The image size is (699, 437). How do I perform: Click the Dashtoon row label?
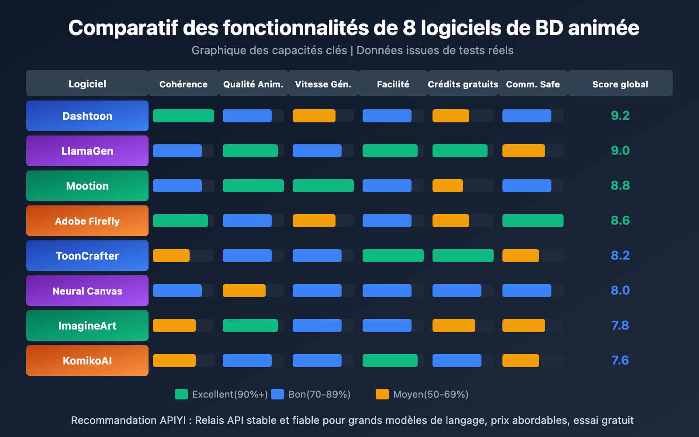[87, 116]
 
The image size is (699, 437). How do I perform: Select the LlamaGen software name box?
[87, 151]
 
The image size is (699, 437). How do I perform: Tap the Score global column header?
[620, 84]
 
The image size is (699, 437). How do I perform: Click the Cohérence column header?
[183, 84]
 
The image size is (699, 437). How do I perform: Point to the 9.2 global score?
[620, 115]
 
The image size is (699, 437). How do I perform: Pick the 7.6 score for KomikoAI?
[620, 360]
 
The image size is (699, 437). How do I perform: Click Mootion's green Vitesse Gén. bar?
[323, 186]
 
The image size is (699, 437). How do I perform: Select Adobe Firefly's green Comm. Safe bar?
[533, 221]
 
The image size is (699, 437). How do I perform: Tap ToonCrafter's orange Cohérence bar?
[171, 256]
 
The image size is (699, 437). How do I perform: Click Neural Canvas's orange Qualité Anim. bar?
[244, 291]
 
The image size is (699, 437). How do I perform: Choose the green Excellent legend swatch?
[181, 394]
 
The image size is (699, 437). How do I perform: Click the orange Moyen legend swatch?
[382, 394]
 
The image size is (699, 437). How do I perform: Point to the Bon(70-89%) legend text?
[319, 394]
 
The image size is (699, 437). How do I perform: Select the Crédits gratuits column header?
[463, 84]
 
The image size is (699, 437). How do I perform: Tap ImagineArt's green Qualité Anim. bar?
[250, 326]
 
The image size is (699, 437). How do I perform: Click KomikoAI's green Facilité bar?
[390, 361]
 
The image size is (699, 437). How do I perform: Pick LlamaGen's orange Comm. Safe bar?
[524, 151]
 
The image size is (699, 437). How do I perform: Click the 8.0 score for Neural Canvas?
[620, 290]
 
